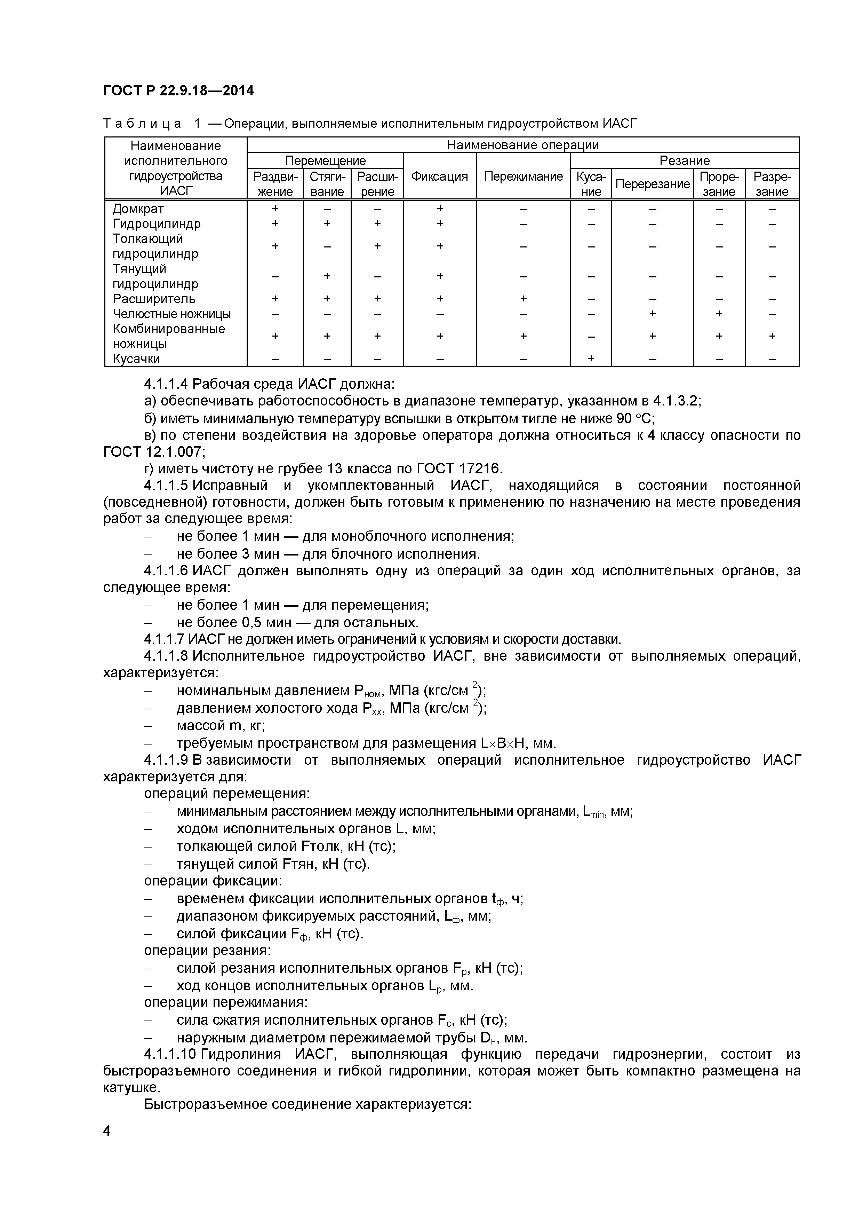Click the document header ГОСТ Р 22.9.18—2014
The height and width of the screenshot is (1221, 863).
178,91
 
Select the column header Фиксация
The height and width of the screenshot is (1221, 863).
439,176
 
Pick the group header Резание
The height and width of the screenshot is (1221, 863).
685,160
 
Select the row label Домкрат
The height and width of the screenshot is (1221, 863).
138,209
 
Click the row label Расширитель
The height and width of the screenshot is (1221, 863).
154,299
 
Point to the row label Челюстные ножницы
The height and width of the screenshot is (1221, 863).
171,314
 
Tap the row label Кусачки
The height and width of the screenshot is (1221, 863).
136,359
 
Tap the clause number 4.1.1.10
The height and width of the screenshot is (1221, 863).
170,1055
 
